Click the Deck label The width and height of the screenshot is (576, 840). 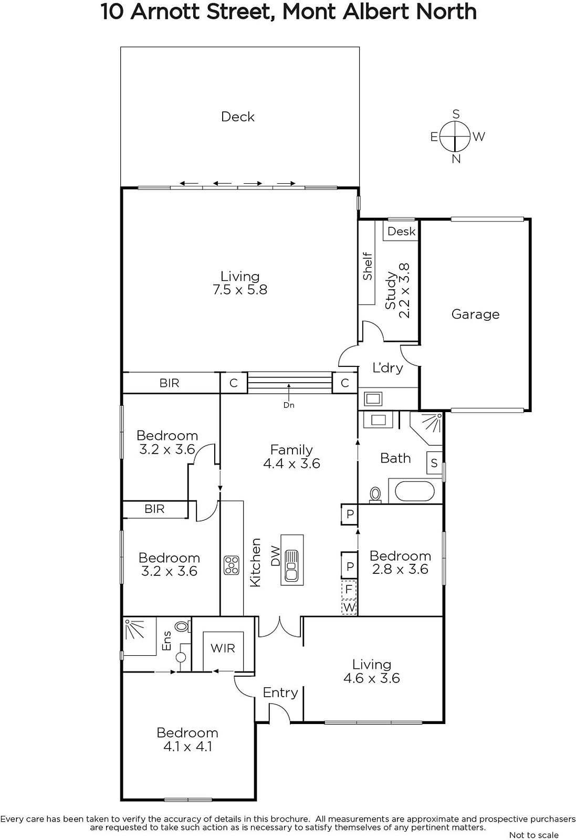pos(238,117)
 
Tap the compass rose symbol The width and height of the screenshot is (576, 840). pos(455,136)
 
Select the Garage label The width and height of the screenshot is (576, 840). pos(476,314)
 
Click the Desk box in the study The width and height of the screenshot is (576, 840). pos(401,231)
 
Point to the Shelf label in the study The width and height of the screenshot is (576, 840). pos(368,266)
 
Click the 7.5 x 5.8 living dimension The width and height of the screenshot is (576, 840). pos(240,289)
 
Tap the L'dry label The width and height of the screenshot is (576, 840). pos(388,367)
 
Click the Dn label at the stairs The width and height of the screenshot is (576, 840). pos(289,405)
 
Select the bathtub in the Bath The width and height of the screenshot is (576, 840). pos(415,491)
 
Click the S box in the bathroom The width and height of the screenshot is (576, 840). pos(434,463)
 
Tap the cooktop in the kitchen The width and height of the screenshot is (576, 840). pos(232,565)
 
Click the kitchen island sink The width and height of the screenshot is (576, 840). pos(292,565)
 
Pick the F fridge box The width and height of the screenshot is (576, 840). pos(349,589)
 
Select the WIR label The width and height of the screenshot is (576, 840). pos(223,648)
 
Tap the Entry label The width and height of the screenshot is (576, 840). pos(280,692)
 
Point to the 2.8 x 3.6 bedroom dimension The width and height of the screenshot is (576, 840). pos(400,569)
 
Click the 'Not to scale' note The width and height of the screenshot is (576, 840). pos(534,835)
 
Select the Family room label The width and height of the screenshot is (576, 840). pos(291,449)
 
